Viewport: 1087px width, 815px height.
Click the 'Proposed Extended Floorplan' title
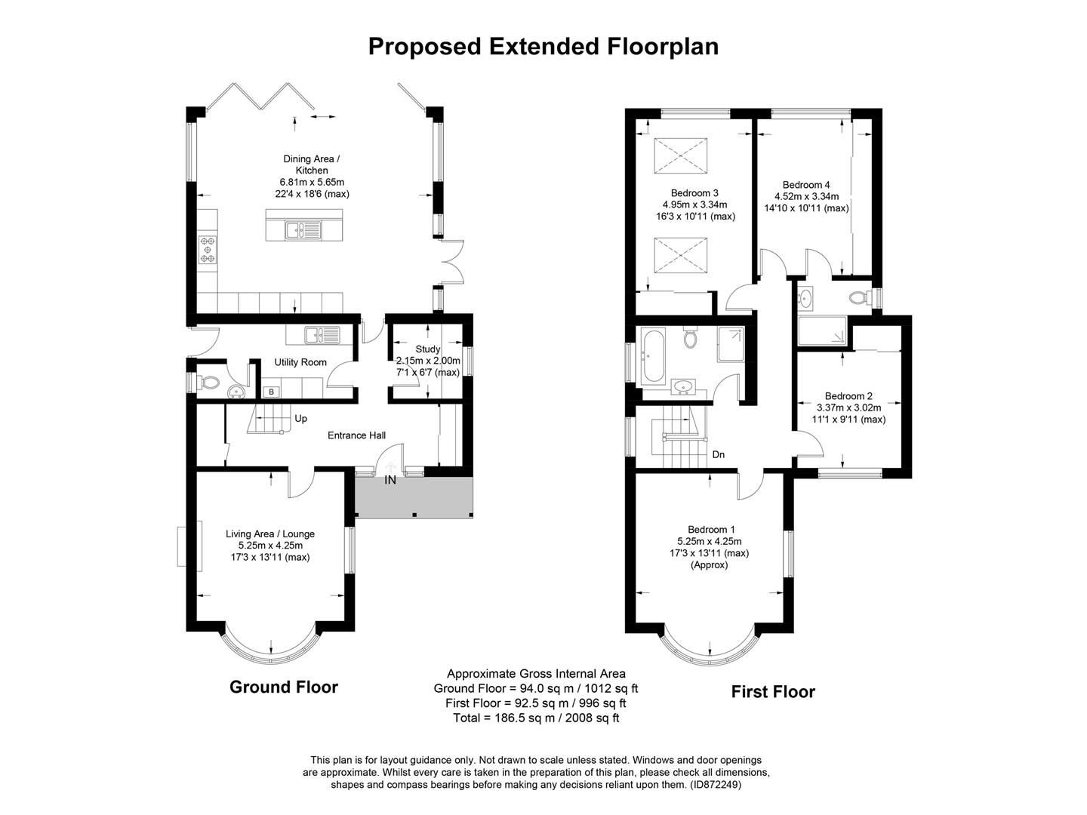coord(543,47)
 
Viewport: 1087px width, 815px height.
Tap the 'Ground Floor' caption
coord(283,687)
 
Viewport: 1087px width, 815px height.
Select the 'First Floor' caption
coord(773,692)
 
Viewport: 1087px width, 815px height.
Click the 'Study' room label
coord(427,349)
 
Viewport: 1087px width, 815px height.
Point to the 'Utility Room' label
coord(300,362)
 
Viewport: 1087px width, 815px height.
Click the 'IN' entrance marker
coord(390,480)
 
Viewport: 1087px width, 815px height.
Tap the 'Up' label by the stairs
coord(300,419)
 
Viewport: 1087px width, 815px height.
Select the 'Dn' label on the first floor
coord(718,455)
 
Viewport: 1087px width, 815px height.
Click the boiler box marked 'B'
coord(270,392)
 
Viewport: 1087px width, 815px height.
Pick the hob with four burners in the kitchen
coord(207,250)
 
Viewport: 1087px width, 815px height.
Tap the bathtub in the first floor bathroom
coord(651,355)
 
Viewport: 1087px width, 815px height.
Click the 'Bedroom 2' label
coord(848,396)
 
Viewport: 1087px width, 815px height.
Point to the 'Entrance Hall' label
coord(356,435)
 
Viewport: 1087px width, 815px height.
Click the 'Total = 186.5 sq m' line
coord(536,718)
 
